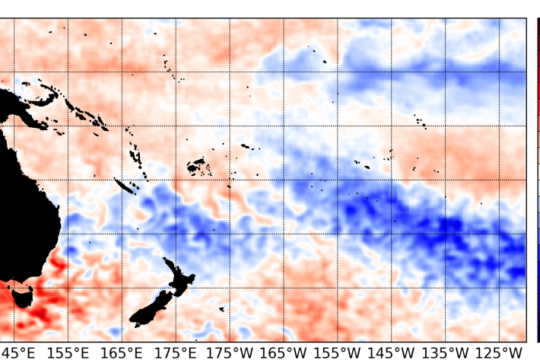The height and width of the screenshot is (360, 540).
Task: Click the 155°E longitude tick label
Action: click(x=69, y=352)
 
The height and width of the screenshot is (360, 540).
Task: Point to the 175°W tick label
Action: click(x=230, y=352)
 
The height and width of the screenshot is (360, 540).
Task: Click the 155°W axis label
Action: click(x=338, y=352)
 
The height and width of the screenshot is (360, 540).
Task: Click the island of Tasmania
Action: click(x=22, y=295)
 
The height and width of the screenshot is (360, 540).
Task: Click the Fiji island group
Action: click(x=195, y=164)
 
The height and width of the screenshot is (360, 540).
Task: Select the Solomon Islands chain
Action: click(x=84, y=113)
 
